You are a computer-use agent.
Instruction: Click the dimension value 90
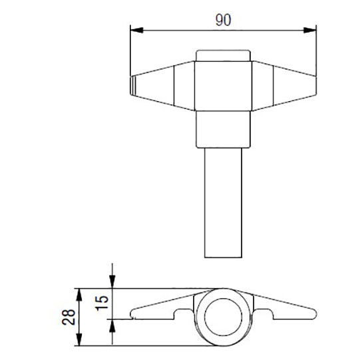(x=223, y=20)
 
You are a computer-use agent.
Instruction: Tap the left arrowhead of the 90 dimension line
(x=133, y=29)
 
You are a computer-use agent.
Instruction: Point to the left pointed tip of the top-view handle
(x=131, y=85)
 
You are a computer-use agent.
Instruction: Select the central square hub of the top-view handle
(x=223, y=85)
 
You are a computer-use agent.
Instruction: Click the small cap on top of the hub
(x=223, y=56)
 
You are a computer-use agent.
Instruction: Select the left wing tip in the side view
(x=133, y=310)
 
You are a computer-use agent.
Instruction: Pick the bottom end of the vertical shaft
(x=223, y=256)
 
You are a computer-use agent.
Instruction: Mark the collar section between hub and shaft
(x=223, y=130)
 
